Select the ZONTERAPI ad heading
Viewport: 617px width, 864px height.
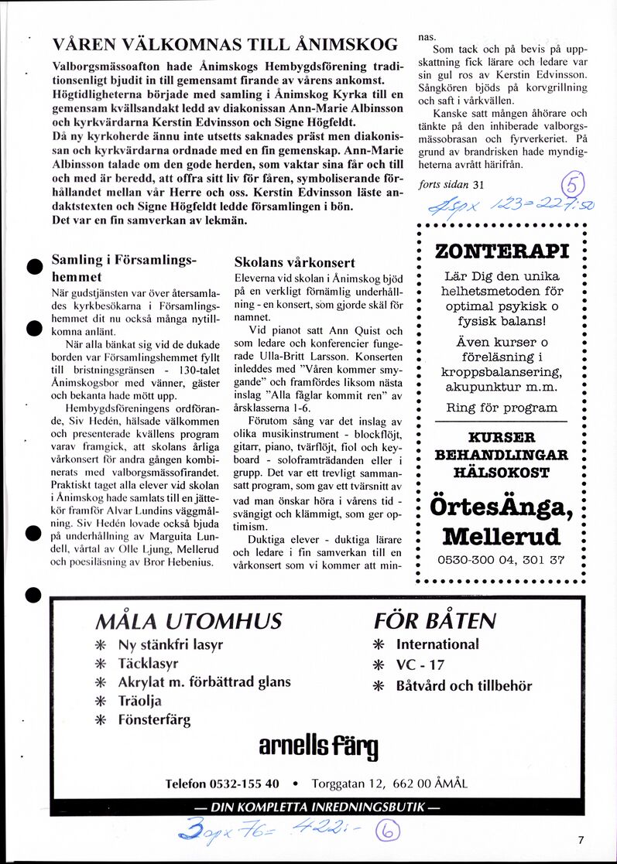[502, 252]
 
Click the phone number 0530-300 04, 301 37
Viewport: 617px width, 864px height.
[502, 561]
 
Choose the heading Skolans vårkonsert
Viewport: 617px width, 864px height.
[295, 262]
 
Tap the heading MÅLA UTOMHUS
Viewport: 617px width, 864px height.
[188, 620]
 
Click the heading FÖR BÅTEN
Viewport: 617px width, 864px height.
[434, 620]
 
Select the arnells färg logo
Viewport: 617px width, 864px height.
[318, 746]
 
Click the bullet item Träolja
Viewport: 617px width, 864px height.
[140, 701]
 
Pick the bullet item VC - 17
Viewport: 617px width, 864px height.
[420, 664]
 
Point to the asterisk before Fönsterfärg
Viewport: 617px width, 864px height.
[100, 720]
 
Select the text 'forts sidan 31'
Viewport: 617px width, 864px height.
[450, 184]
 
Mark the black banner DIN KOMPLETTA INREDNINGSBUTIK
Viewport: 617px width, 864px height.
[317, 807]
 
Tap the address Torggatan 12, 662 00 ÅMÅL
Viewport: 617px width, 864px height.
[389, 783]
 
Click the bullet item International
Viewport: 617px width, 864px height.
[437, 644]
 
